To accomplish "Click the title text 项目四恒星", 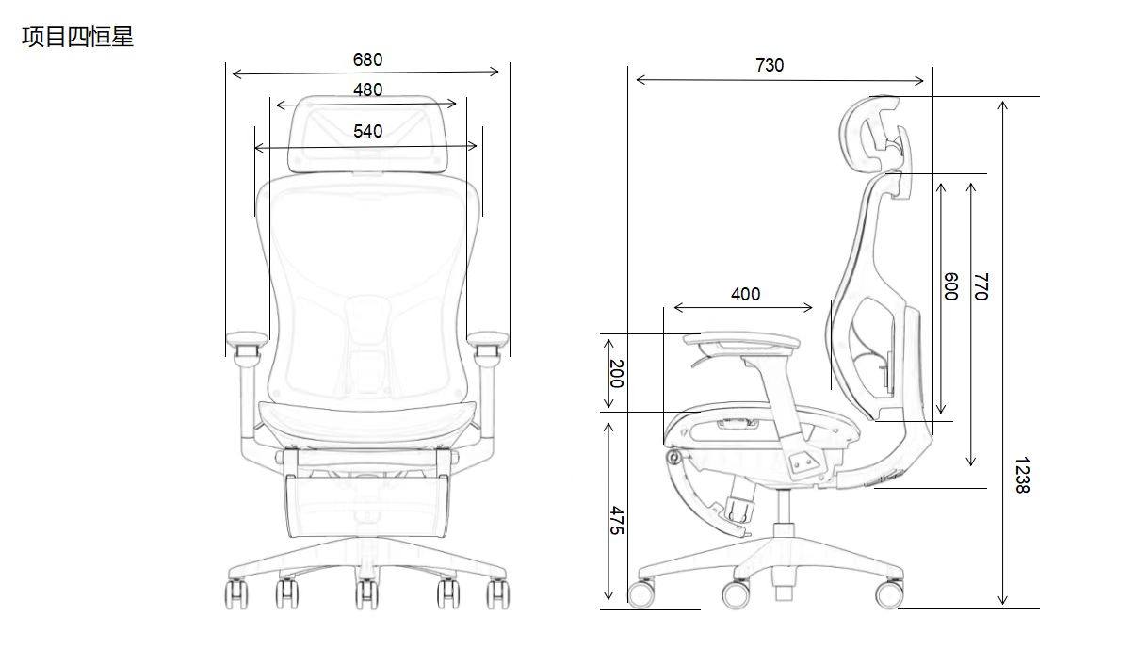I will (77, 38).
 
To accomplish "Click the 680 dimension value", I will (367, 59).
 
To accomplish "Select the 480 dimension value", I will (367, 89).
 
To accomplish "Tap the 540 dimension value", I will (367, 131).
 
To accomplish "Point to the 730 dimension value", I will (769, 65).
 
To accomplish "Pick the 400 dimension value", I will (745, 294).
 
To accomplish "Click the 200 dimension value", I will (616, 373).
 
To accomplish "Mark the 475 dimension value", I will (616, 520).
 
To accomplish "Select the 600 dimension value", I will (950, 285).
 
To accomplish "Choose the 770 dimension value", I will (981, 285).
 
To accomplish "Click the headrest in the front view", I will (367, 138).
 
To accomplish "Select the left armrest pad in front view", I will (246, 337).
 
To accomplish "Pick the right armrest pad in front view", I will (488, 337).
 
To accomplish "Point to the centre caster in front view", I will (366, 593).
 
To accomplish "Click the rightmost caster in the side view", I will (888, 594).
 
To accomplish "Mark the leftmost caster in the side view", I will (642, 594).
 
